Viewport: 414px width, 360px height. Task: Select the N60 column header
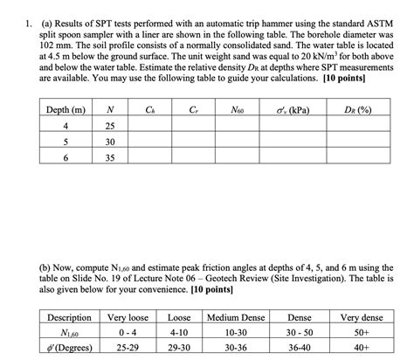click(x=238, y=110)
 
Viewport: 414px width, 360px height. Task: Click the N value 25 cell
click(x=108, y=127)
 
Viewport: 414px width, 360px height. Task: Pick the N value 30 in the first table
click(x=108, y=142)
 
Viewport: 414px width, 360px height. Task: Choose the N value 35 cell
click(x=108, y=158)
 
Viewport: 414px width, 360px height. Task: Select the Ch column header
click(x=150, y=110)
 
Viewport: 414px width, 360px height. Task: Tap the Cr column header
click(x=192, y=110)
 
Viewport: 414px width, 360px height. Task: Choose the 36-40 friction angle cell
click(x=299, y=347)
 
